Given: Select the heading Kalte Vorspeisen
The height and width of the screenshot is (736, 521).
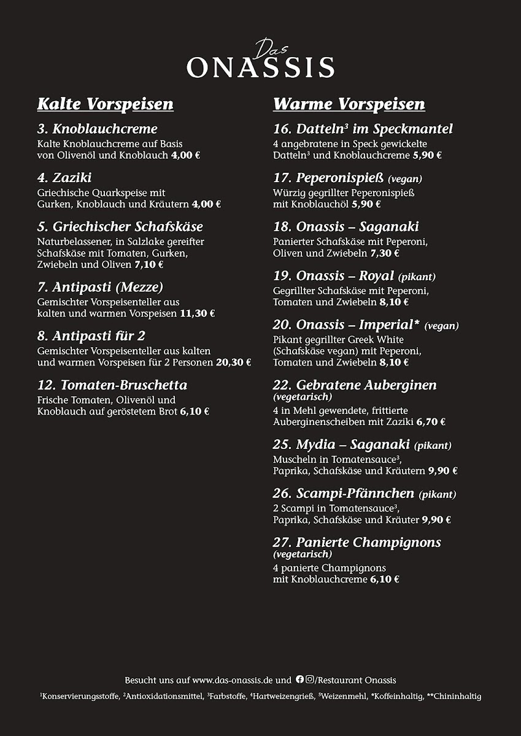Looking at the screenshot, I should coord(105,104).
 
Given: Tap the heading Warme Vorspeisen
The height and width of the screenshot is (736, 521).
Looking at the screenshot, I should coord(349,104).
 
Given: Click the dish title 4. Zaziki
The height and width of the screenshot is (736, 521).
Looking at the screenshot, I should coord(64,178).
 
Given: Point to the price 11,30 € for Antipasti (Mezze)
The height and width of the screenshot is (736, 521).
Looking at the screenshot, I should coord(197,313).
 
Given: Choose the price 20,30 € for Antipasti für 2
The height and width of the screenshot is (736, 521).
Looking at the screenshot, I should coord(233,362).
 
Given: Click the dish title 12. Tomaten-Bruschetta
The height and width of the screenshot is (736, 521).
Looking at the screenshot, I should coord(112,385).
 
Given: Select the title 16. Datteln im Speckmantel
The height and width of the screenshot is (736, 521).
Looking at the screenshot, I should coord(363,129).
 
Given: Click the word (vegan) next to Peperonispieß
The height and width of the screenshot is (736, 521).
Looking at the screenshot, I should coord(404,179).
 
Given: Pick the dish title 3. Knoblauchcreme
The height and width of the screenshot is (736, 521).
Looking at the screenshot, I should coord(97,129).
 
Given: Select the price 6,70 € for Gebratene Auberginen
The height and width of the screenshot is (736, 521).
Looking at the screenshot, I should coord(431,422).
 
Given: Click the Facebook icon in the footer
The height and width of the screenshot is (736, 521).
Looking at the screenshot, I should coord(299,680).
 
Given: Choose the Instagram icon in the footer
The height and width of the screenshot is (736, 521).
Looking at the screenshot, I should coord(310,680).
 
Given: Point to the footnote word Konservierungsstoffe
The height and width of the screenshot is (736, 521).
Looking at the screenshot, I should coord(81,697).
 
